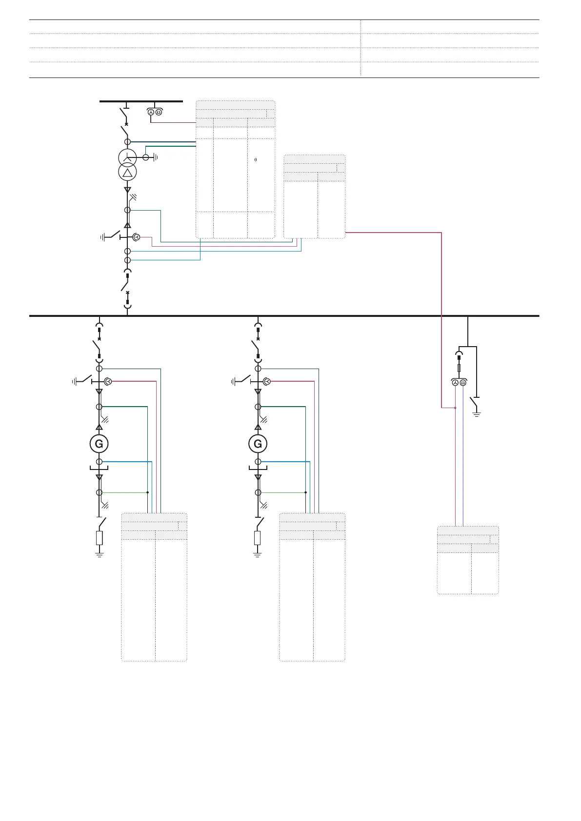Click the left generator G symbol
coord(99,444)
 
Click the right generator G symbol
coord(258,444)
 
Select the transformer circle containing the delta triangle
coord(127,172)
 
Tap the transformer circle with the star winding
coord(127,157)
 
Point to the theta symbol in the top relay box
coord(256,160)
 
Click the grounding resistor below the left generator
coord(99,538)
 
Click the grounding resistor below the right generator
coord(258,538)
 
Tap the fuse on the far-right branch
coord(459,368)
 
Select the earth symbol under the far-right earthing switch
coord(477,414)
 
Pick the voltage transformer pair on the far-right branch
coord(459,383)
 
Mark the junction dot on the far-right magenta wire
coord(455,408)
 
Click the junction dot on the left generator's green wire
coord(147,492)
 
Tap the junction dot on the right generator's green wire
coord(305,492)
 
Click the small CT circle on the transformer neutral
coord(145,157)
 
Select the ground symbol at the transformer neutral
coord(155,157)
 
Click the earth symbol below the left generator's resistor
coord(99,554)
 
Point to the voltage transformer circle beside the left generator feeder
coord(109,381)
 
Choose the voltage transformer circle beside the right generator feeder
coord(267,381)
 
